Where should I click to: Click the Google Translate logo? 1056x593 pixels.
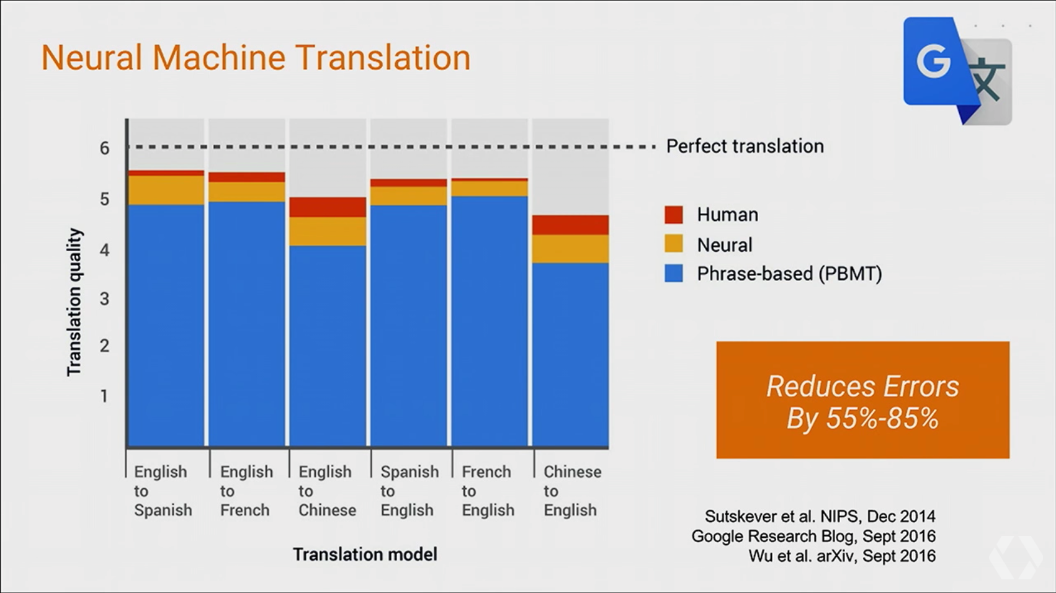click(x=957, y=70)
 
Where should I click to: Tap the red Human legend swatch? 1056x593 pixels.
click(x=673, y=215)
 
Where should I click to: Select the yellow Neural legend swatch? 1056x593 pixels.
click(x=673, y=244)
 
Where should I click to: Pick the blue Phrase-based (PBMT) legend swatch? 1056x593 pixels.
click(x=673, y=274)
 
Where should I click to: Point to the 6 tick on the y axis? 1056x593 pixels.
click(x=104, y=148)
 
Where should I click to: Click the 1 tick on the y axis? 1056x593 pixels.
click(x=104, y=396)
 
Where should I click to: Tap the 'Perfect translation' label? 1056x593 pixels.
click(x=745, y=146)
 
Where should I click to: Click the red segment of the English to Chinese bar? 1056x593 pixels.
click(x=328, y=207)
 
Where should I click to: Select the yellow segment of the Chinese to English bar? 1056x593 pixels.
click(x=570, y=249)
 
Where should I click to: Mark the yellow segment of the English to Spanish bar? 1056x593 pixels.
click(x=166, y=190)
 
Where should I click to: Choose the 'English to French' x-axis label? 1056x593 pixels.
click(x=246, y=491)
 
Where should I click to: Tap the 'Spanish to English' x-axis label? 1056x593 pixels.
click(x=409, y=491)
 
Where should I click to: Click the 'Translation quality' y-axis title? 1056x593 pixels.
click(x=74, y=302)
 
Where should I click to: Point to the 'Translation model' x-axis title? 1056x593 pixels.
click(x=365, y=554)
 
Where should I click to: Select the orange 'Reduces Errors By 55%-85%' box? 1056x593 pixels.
click(x=862, y=400)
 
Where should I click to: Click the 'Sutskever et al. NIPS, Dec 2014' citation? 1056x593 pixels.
click(x=820, y=516)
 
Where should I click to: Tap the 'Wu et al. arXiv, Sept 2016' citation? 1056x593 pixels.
click(x=841, y=556)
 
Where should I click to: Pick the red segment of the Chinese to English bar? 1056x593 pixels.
click(x=570, y=225)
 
